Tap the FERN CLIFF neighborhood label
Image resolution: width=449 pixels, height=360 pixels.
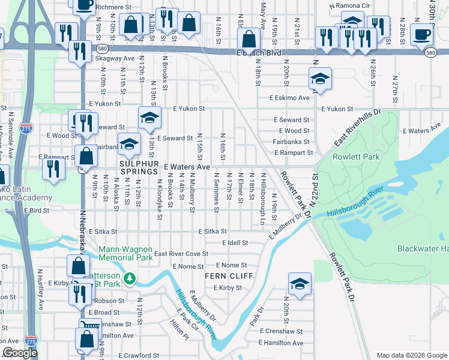(228, 276)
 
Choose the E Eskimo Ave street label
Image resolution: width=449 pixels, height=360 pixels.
(289, 97)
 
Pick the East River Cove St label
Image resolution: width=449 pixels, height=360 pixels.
(181, 254)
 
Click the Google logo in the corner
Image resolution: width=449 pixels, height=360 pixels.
(20, 353)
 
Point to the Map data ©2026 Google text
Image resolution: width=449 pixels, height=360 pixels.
(411, 355)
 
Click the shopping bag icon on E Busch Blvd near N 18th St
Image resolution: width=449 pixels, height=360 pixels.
(248, 39)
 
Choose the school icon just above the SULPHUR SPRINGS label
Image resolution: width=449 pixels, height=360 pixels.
(128, 144)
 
